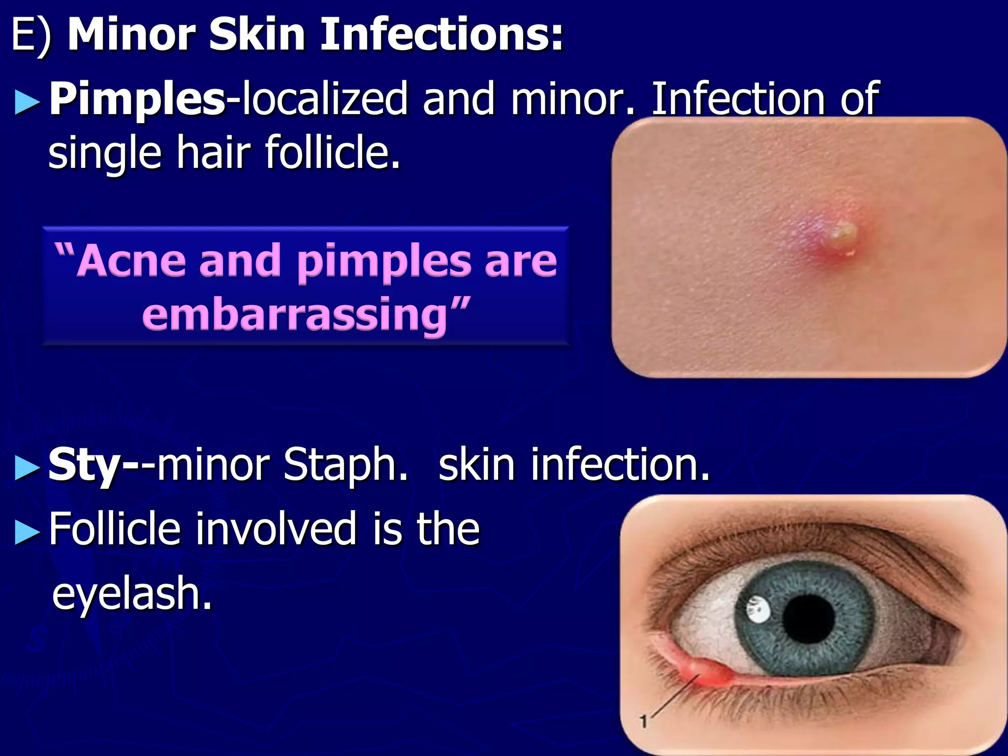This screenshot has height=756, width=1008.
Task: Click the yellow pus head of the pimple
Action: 843,235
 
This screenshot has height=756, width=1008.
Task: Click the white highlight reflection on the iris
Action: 758,610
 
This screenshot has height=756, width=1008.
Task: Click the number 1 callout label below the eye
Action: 643,722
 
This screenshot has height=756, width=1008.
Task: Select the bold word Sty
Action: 84,465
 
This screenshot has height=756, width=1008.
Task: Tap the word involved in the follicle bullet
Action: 276,529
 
